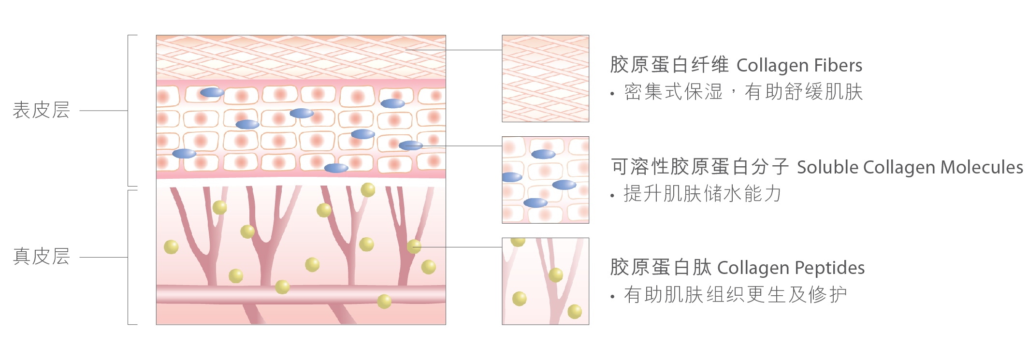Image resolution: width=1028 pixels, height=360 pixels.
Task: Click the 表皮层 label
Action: [41, 110]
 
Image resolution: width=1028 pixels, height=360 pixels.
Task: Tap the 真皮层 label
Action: [41, 257]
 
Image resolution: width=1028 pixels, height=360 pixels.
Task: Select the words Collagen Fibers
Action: [799, 65]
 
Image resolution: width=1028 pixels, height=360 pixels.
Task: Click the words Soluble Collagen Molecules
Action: [910, 167]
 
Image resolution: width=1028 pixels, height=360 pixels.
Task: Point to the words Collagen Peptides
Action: [791, 268]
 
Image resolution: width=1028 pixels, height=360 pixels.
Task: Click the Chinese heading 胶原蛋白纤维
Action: [669, 65]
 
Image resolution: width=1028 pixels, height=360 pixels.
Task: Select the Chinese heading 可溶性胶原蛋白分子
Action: [700, 167]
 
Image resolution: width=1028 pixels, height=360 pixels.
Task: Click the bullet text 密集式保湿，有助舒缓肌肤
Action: [743, 92]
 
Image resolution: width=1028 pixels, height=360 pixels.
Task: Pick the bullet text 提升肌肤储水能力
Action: [702, 193]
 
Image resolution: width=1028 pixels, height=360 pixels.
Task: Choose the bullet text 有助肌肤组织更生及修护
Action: [735, 294]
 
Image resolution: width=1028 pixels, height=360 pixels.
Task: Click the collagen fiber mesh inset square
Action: [545, 78]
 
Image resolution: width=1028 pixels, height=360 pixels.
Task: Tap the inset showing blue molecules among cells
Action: [545, 180]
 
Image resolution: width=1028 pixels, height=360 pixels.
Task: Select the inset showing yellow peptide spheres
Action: [545, 281]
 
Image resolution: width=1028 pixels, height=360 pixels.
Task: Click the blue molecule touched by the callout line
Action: [410, 145]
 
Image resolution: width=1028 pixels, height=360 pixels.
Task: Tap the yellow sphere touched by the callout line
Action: [414, 246]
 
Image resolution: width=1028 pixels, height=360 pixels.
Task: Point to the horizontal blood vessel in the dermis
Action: [301, 294]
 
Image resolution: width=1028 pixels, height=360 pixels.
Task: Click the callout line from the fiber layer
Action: [453, 50]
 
